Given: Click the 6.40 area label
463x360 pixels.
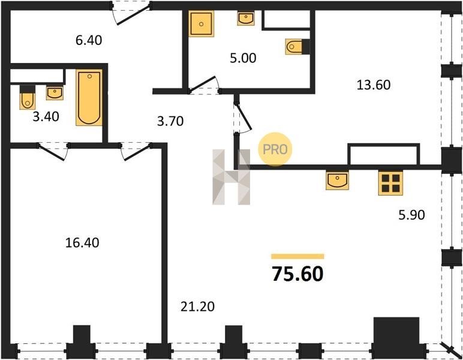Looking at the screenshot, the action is [x=89, y=40].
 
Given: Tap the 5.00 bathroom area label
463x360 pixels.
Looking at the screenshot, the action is [x=243, y=58].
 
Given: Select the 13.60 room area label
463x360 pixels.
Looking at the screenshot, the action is [x=374, y=85].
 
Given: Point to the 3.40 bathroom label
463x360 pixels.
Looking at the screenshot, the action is [x=46, y=117].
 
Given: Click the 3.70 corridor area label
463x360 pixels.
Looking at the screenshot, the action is [x=170, y=121].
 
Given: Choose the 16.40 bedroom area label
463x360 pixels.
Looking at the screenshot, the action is [x=82, y=243].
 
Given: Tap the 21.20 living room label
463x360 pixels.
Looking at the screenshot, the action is [x=197, y=307].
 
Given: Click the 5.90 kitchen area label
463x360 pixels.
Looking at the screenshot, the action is [x=411, y=215].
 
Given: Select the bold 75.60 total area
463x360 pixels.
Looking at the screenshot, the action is [x=297, y=274].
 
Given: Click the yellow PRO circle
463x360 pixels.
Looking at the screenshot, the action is [x=275, y=149].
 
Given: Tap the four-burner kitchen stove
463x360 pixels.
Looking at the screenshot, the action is [x=390, y=183].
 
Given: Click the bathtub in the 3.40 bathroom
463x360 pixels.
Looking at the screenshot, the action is [x=89, y=98].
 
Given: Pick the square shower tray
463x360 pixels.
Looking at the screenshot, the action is [x=201, y=24].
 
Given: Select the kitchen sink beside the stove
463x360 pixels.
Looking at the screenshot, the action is [x=337, y=180].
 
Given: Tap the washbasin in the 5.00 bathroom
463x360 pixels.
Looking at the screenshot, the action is [x=246, y=19].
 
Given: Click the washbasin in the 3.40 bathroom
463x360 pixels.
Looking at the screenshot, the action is [x=55, y=93].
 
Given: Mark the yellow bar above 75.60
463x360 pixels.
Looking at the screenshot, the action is [x=297, y=256].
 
